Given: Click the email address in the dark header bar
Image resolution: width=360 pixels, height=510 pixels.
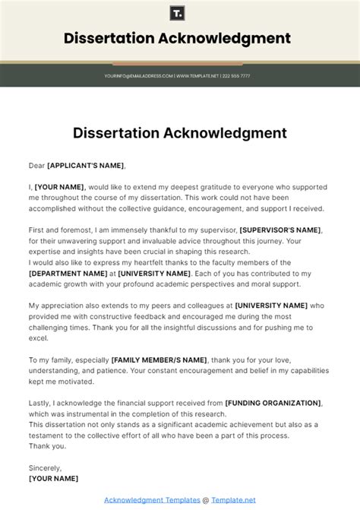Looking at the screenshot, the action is click(139, 76).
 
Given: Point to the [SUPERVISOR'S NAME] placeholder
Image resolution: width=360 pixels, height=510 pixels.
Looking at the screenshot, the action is click(280, 230).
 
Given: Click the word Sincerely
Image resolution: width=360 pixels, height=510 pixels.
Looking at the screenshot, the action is click(46, 468).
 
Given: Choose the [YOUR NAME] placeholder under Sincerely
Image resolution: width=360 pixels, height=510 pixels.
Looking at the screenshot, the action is click(53, 479).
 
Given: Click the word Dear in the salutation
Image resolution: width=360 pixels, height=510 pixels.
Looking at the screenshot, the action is click(36, 165).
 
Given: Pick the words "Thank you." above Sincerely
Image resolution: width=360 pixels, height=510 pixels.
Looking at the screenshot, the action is click(46, 446).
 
